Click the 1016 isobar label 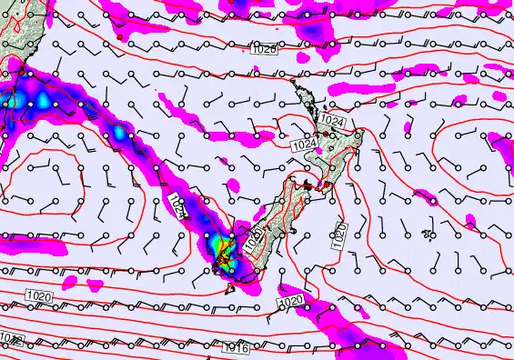tap(236, 348)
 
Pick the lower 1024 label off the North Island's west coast tap(304, 144)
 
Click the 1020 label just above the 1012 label tap(38, 296)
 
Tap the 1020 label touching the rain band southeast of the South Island tap(290, 301)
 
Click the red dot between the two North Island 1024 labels tap(319, 134)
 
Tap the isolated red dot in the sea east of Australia tap(158, 89)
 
